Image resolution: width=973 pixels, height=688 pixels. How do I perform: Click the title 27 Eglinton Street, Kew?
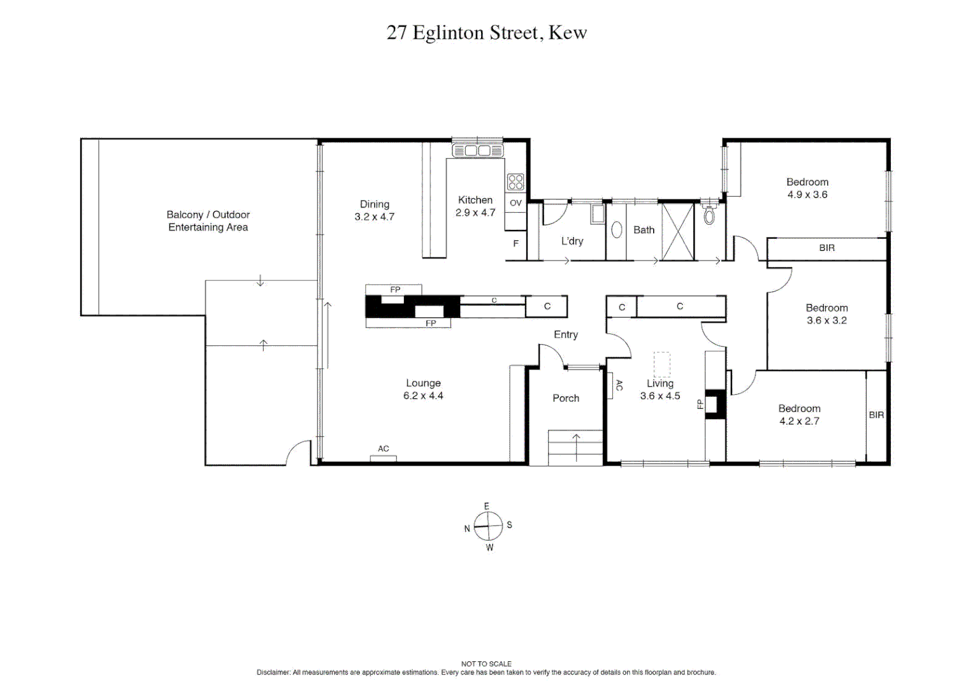click(x=486, y=32)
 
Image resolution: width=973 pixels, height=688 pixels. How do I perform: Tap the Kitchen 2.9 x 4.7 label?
click(x=475, y=206)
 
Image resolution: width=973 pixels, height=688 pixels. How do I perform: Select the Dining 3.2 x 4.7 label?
click(x=374, y=210)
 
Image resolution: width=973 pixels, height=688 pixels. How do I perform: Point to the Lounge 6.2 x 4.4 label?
click(x=423, y=389)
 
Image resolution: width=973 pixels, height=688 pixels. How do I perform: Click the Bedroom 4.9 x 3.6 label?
click(x=807, y=189)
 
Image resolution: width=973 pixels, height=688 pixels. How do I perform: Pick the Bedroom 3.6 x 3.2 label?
click(x=826, y=314)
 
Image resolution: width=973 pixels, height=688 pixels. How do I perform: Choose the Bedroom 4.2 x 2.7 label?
click(x=799, y=415)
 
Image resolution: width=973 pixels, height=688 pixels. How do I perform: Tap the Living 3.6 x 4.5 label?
click(x=660, y=389)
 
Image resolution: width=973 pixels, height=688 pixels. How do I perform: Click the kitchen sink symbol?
click(x=478, y=151)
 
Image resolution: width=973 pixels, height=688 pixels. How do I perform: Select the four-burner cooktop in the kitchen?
click(x=515, y=182)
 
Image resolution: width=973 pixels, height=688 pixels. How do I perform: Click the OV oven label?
click(x=515, y=203)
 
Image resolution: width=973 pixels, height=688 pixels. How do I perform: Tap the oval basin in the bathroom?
click(x=616, y=229)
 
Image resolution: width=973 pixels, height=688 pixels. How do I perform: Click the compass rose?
click(x=488, y=526)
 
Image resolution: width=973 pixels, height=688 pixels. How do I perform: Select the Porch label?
click(x=565, y=398)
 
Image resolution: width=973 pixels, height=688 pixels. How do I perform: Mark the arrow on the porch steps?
click(x=576, y=446)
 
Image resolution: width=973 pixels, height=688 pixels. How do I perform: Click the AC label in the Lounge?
click(x=383, y=449)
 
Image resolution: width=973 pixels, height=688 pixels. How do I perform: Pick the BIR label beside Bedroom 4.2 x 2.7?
click(x=876, y=415)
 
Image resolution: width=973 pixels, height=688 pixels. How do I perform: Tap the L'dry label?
click(x=572, y=241)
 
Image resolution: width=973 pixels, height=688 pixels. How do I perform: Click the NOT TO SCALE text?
click(x=486, y=664)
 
